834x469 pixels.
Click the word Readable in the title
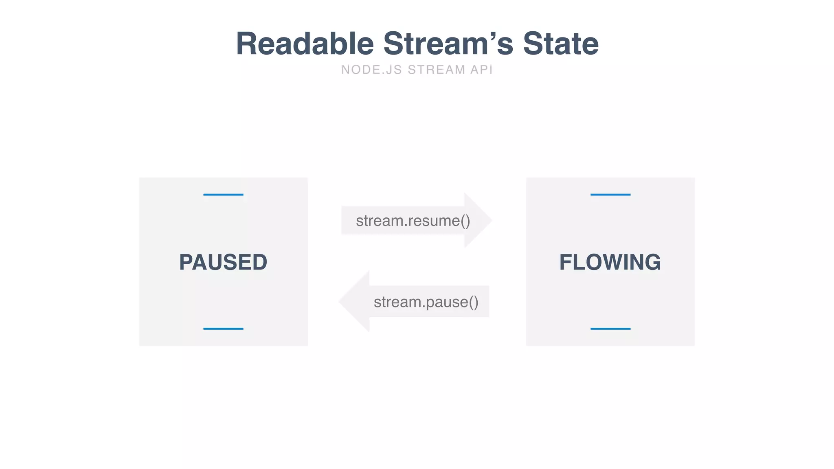pyautogui.click(x=305, y=44)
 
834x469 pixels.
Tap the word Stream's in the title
pyautogui.click(x=448, y=44)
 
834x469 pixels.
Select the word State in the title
pyautogui.click(x=561, y=44)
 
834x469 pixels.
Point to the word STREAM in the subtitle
pyautogui.click(x=436, y=70)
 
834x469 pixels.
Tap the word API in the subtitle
pyautogui.click(x=481, y=70)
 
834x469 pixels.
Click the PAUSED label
pyautogui.click(x=223, y=262)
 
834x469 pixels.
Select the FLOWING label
pyautogui.click(x=610, y=262)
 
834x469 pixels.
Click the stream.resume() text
pyautogui.click(x=413, y=221)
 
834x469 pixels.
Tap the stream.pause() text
pyautogui.click(x=426, y=302)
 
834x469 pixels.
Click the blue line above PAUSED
pyautogui.click(x=223, y=195)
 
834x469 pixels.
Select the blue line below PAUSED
pyautogui.click(x=223, y=329)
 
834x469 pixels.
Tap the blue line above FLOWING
pyautogui.click(x=610, y=195)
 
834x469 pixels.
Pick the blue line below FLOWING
pyautogui.click(x=610, y=329)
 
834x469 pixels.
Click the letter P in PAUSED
pyautogui.click(x=186, y=262)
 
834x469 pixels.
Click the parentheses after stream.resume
pyautogui.click(x=465, y=221)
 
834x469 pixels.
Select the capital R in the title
pyautogui.click(x=248, y=44)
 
